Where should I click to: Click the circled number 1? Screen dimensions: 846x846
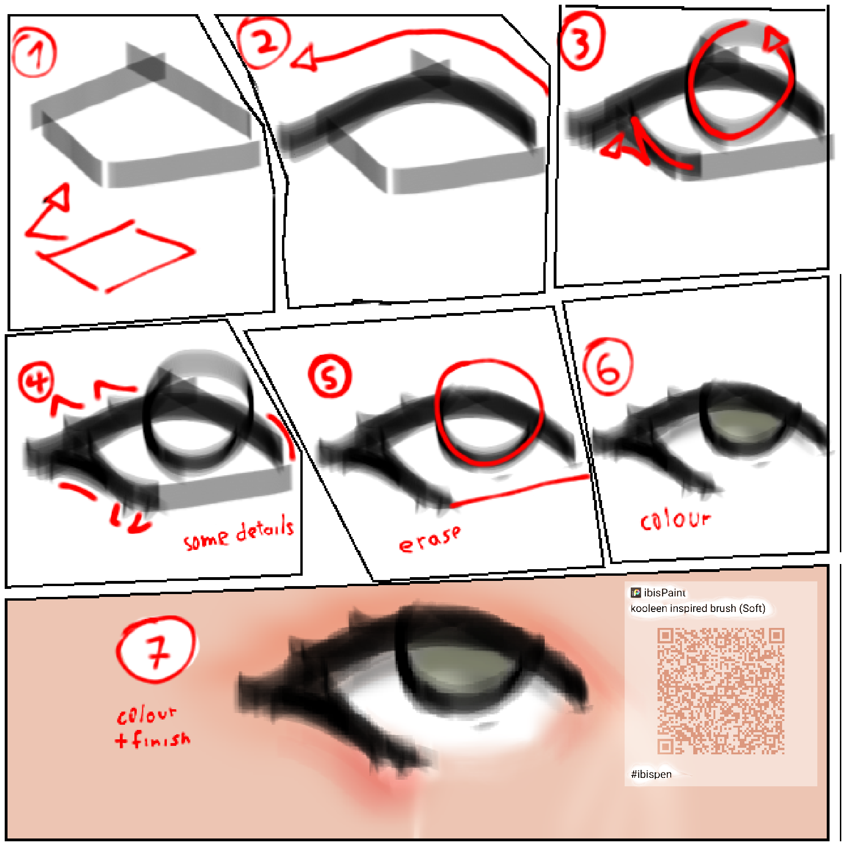[x=34, y=52]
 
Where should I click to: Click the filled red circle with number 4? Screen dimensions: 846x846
[x=36, y=382]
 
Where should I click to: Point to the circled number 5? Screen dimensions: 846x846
[x=329, y=376]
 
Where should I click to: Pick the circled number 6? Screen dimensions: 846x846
[x=608, y=367]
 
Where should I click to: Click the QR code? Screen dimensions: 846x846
[x=720, y=691]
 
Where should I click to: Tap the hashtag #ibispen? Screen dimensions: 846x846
[x=651, y=774]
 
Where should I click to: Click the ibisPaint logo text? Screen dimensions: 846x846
[x=664, y=593]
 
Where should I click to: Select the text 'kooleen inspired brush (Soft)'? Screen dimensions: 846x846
[x=697, y=609]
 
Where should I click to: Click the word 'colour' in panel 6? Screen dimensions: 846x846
[x=675, y=520]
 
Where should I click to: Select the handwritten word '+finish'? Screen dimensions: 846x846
[x=153, y=740]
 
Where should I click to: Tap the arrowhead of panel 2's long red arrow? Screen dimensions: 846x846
[x=303, y=59]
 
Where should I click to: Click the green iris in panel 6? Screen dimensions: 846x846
[x=743, y=425]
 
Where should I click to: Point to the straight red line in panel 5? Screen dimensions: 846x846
[x=519, y=491]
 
